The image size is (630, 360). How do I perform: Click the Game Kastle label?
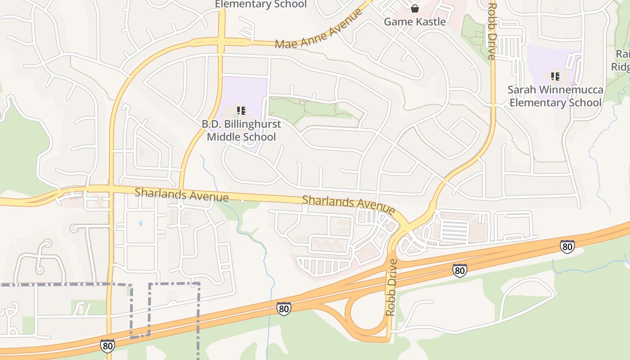pos(414,22)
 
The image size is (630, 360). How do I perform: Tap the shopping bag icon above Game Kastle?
pos(414,8)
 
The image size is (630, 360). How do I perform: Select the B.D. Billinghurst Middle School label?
pos(241,130)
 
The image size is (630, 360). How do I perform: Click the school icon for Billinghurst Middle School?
pos(241,110)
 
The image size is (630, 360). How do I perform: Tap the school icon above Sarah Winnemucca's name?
pos(555,76)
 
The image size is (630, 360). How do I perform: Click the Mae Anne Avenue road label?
pos(319,29)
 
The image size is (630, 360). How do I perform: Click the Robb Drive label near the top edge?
pos(492,31)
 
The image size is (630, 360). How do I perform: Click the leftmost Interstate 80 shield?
pos(107,345)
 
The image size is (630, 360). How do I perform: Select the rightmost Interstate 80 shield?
pos(567,246)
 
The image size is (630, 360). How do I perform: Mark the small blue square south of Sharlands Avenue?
pos(141,223)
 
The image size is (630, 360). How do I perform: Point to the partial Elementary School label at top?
pos(261,4)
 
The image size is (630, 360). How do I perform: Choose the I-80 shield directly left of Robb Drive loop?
pos(283,308)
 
